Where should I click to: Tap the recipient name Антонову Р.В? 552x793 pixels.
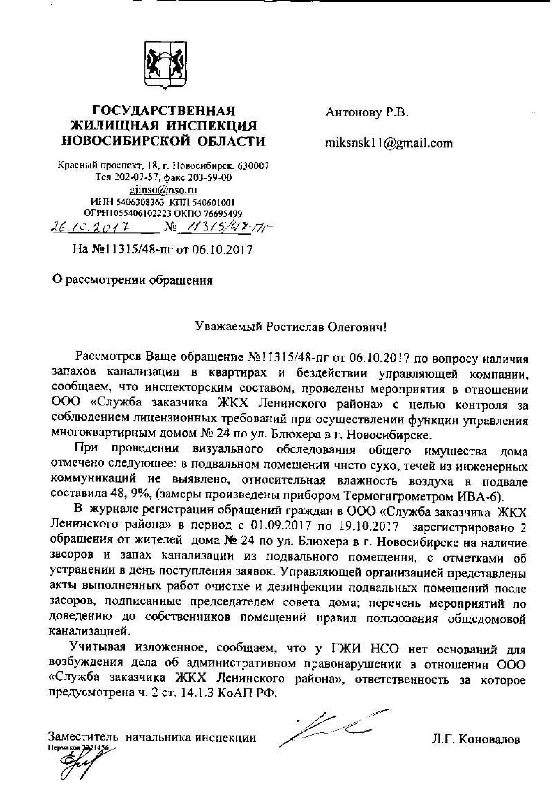(x=367, y=112)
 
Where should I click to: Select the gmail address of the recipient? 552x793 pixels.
(x=389, y=143)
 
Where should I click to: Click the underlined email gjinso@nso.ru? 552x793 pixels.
(x=164, y=190)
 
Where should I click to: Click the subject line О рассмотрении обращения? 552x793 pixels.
(x=132, y=280)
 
